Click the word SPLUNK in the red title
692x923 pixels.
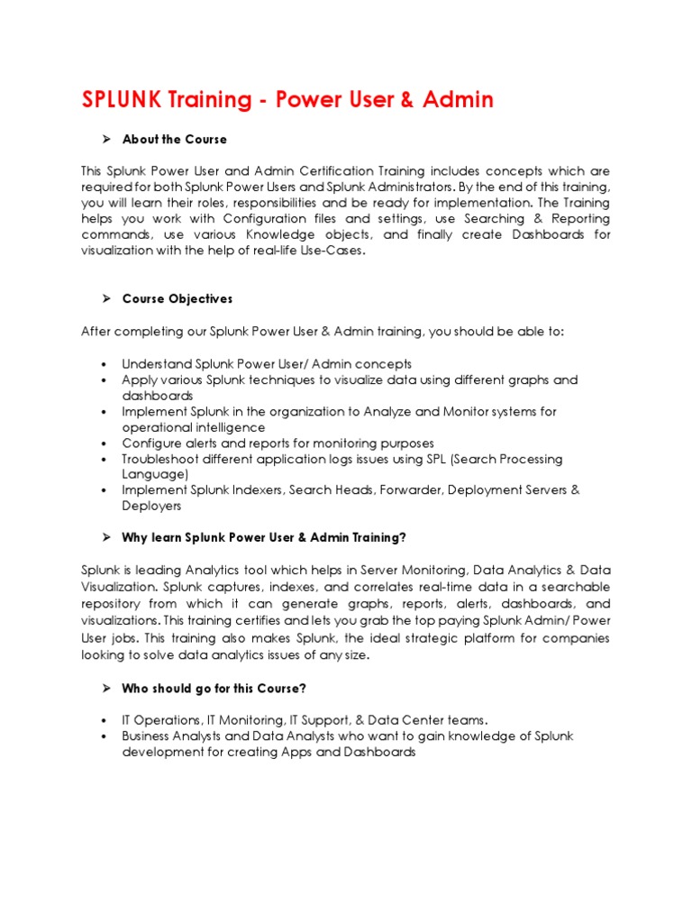[119, 99]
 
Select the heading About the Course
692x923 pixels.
[175, 140]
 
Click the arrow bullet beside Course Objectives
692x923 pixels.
[105, 298]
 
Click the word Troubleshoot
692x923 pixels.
[164, 459]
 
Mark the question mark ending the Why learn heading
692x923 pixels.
[403, 538]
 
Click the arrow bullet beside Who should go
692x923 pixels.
[105, 689]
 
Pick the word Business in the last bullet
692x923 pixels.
[149, 736]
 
